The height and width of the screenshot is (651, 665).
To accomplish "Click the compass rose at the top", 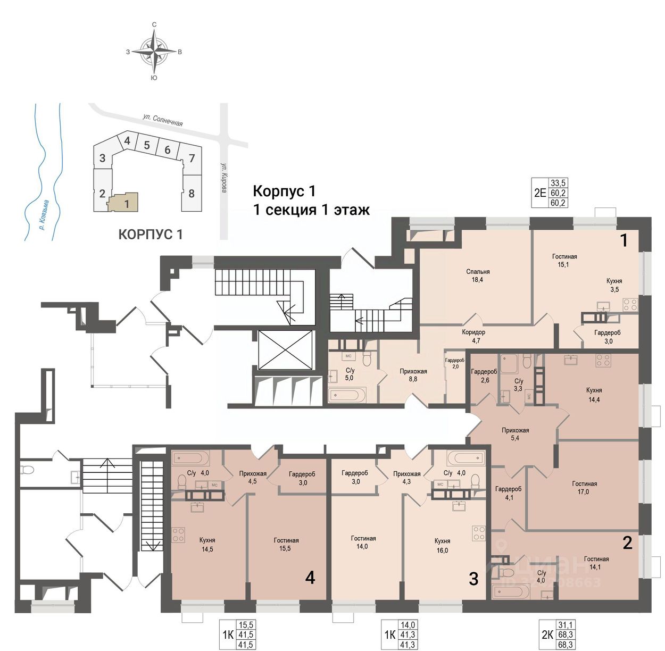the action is pos(154,52).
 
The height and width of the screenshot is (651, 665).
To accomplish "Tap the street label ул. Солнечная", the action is pos(163,119).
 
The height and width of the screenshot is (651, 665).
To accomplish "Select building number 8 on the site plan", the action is pos(192,194).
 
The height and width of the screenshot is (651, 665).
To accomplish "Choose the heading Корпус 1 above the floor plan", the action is pos(284,191).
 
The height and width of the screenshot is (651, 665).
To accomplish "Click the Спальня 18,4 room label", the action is pos(478,276).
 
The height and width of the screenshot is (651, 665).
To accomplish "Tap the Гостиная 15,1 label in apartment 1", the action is pos(564,260).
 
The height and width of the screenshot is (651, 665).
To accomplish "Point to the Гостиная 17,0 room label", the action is pos(584,488).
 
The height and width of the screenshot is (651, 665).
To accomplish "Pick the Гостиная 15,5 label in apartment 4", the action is pos(286,544).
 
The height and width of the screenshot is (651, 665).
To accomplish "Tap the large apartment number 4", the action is pos(310,577).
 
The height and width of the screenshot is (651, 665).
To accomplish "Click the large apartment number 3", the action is pos(473,579).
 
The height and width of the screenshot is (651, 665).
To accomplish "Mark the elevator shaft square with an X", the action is pos(285,349).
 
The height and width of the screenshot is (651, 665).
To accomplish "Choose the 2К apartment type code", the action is pos(547,635).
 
